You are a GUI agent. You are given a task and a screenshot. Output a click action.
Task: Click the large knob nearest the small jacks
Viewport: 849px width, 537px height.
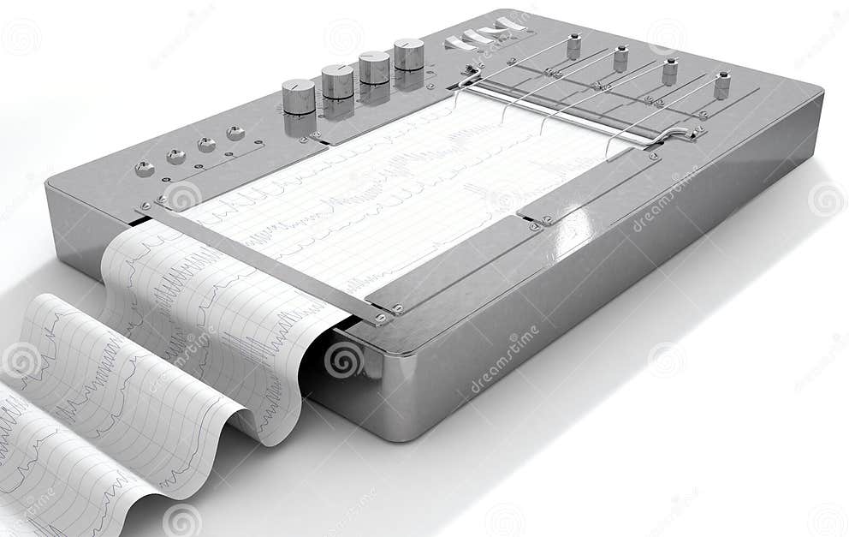pos(299,96)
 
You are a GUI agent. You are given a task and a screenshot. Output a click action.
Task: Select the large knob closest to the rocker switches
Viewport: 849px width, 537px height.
pos(409,54)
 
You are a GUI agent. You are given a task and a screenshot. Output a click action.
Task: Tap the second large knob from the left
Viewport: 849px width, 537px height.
pos(337,81)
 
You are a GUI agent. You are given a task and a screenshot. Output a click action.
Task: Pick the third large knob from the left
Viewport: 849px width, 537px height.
pos(374,68)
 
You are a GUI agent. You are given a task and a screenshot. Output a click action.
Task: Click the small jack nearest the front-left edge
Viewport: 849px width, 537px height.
pos(145,169)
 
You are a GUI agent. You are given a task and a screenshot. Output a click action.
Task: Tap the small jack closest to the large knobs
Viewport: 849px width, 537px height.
pos(235,133)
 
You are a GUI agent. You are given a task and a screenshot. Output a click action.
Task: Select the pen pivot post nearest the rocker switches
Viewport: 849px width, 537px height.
pos(573,46)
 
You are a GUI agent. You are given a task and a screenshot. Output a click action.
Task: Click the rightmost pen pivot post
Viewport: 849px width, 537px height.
pos(721,85)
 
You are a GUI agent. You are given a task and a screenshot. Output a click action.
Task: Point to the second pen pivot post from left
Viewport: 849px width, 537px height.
pos(620,58)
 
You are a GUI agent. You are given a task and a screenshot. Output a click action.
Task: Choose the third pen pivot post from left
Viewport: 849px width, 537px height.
pos(669,71)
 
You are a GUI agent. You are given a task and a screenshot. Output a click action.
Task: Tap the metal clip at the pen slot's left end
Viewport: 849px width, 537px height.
pos(469,76)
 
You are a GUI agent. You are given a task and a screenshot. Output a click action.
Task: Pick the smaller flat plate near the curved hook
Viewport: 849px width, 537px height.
pos(585,187)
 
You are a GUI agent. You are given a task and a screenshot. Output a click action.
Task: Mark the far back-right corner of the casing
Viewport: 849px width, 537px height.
pos(817,90)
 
